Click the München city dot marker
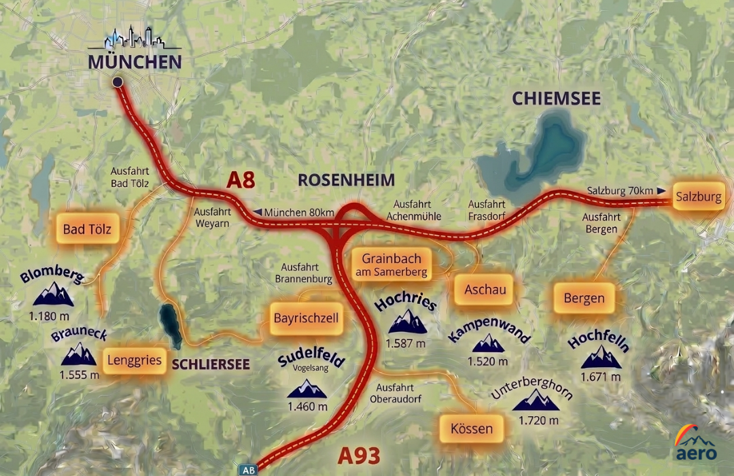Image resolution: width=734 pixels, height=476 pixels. click(118, 82)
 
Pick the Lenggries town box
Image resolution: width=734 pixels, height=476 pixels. click(134, 360)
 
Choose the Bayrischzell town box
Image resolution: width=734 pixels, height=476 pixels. click(306, 318)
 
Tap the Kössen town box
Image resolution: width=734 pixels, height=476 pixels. click(471, 429)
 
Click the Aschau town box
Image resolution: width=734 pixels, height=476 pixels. click(485, 290)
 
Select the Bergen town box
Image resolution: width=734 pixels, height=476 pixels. click(584, 299)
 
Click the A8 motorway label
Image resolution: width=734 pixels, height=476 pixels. click(241, 180)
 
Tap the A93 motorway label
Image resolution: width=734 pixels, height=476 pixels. click(359, 455)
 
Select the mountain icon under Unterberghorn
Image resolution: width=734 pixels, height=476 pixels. click(535, 401)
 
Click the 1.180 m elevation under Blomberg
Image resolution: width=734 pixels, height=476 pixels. click(49, 316)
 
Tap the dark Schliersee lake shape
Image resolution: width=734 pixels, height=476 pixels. click(170, 325)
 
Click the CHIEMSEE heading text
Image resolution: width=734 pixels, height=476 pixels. click(556, 99)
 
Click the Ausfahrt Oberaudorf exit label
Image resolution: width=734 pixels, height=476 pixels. click(397, 393)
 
